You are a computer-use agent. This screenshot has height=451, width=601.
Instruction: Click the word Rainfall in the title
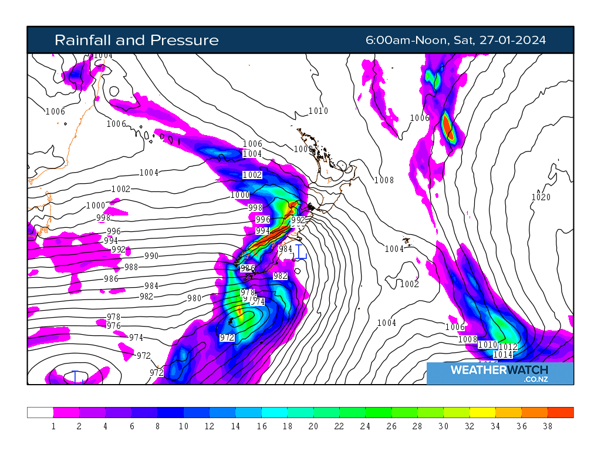pos(83,40)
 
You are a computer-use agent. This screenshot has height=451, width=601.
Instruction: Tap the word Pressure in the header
pos(185,40)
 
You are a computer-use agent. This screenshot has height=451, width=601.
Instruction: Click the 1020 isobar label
pos(541,197)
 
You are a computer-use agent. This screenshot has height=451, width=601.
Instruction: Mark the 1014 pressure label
pos(503,355)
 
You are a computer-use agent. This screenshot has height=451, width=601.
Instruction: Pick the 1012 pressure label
pos(508,346)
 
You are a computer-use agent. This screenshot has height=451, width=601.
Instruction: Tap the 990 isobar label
pos(151,256)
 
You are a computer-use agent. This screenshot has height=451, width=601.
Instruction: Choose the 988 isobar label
pos(131,267)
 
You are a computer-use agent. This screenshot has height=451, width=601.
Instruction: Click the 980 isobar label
pos(194,298)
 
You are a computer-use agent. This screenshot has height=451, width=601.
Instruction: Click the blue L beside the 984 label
pos(300,252)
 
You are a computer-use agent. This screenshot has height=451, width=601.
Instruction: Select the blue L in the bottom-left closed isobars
pos(76,376)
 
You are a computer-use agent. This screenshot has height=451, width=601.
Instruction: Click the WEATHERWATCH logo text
pos(499,370)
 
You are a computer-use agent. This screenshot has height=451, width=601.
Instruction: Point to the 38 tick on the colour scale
pos(548,426)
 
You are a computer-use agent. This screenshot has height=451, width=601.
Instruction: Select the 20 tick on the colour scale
pos(313,426)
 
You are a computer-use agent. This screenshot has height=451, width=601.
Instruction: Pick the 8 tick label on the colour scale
pos(157,426)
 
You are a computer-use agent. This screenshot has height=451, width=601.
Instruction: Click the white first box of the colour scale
pos(40,412)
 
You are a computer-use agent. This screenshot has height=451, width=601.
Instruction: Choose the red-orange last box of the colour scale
pos(561,412)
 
